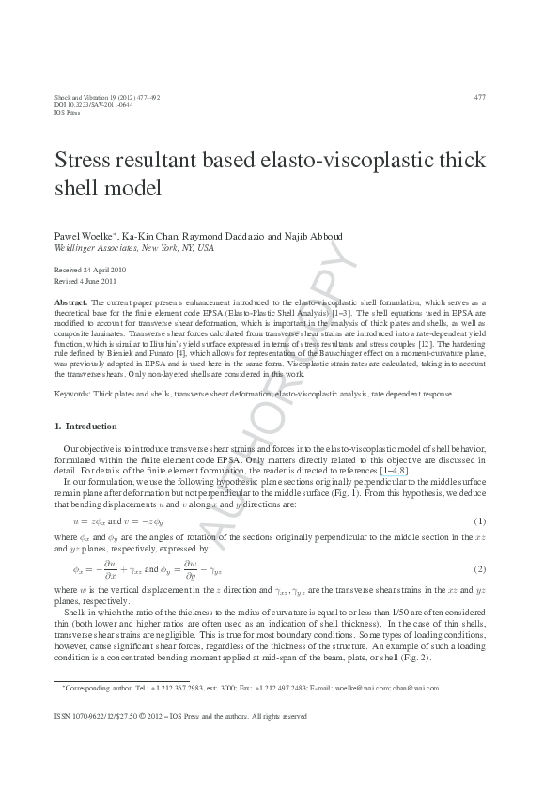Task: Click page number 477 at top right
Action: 479,97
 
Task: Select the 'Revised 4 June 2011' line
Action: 86,280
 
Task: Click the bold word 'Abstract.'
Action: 72,303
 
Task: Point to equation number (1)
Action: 479,521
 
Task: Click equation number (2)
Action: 479,569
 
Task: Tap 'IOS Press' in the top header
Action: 69,112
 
